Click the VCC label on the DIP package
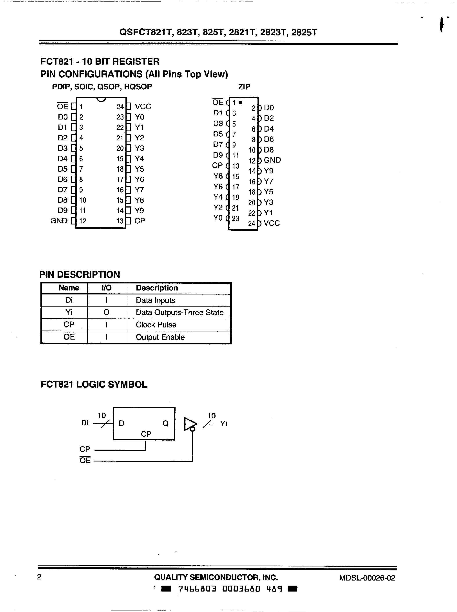[x=143, y=107]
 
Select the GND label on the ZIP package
[x=272, y=160]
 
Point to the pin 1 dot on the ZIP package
[x=240, y=103]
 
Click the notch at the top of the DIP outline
[x=101, y=99]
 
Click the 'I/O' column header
[x=106, y=288]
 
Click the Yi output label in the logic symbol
[x=223, y=424]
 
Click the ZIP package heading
[x=244, y=87]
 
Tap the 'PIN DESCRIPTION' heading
[x=80, y=275]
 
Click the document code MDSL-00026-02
[x=367, y=578]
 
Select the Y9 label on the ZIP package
[x=268, y=171]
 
